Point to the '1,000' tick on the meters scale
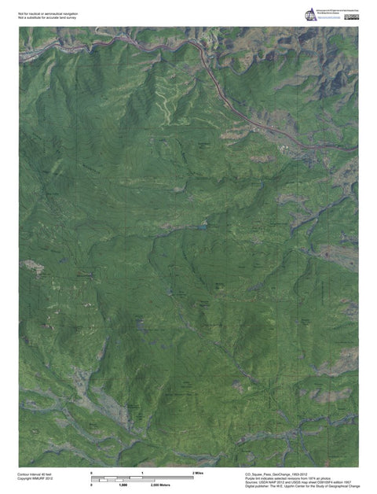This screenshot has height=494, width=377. click(123, 485)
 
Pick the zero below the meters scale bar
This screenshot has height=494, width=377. click(92, 485)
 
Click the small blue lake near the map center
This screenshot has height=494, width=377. click(203, 226)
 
